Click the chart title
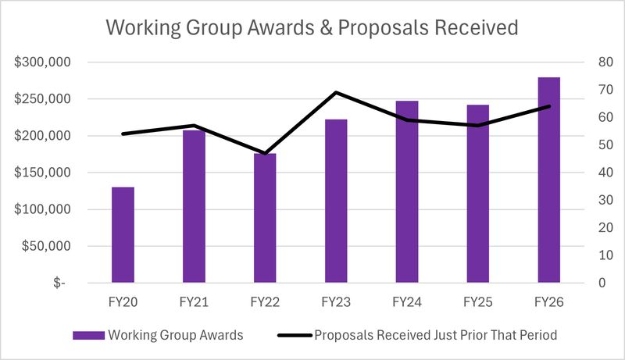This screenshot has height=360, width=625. (x=312, y=28)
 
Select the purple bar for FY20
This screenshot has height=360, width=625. (x=123, y=234)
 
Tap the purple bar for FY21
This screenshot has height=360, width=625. (x=194, y=206)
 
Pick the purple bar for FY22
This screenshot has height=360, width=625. (x=265, y=218)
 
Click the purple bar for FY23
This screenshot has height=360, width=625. (x=336, y=201)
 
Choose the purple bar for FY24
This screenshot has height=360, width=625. (x=407, y=191)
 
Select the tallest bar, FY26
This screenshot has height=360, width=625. (x=549, y=180)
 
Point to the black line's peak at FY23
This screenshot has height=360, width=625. (x=336, y=93)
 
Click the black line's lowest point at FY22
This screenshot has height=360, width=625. (x=265, y=153)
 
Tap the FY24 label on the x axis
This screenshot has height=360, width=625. (x=407, y=302)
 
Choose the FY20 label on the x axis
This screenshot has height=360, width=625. (x=123, y=302)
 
